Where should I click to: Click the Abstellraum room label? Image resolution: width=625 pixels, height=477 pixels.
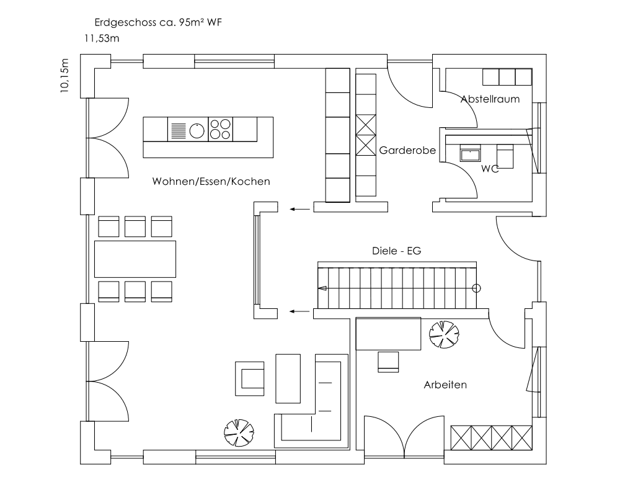490,99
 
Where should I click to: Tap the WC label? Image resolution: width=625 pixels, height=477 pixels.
490,169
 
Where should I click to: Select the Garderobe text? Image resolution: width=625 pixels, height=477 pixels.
407,150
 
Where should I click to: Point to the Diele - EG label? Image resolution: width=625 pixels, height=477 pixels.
397,251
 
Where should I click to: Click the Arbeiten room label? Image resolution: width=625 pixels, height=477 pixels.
445,385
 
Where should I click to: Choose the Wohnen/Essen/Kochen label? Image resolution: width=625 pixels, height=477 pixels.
211,182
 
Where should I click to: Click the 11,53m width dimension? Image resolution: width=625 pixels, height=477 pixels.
102,38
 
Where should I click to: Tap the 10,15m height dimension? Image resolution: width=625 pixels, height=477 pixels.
64,76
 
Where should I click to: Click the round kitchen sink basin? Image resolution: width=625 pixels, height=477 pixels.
197,131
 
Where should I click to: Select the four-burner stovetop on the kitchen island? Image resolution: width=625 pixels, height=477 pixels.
220,129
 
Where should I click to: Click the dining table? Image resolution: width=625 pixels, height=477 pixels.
135,259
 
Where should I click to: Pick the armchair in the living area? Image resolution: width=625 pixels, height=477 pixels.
249,378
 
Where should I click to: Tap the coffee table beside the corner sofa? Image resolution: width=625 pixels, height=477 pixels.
288,378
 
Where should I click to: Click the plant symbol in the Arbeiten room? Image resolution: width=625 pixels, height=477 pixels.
444,334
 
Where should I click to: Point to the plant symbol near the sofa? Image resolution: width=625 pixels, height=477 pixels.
239,433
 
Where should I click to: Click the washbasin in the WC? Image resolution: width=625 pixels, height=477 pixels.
471,153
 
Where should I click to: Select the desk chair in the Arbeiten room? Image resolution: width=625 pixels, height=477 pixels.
388,362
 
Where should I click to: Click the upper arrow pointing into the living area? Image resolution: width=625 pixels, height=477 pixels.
299,209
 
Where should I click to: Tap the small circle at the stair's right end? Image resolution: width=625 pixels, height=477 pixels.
476,288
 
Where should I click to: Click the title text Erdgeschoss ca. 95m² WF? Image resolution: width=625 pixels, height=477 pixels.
158,22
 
